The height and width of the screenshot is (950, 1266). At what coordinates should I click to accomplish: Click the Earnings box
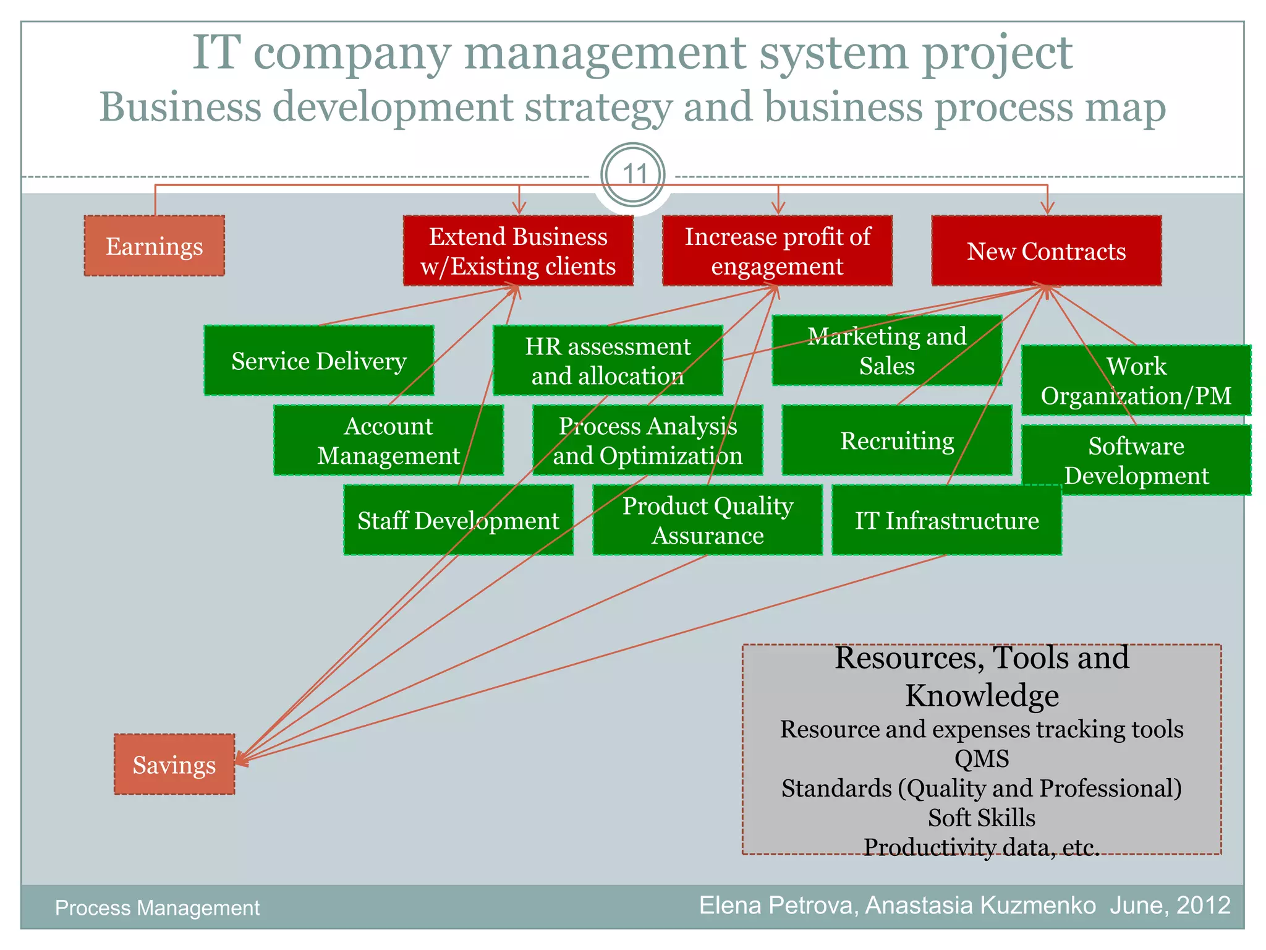click(x=154, y=246)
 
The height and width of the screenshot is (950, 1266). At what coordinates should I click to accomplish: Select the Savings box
click(x=174, y=764)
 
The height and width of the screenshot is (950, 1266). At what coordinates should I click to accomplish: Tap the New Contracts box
click(x=1046, y=250)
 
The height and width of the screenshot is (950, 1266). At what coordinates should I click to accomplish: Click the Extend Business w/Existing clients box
click(x=518, y=250)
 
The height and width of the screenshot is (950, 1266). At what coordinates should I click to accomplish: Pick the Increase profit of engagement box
click(x=777, y=250)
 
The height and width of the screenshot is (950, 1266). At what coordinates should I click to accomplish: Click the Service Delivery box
click(x=318, y=361)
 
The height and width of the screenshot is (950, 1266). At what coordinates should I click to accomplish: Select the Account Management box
click(x=388, y=440)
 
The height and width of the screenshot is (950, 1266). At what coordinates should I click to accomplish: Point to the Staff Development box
click(x=458, y=520)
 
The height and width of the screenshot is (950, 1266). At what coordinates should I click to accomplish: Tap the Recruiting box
click(x=896, y=440)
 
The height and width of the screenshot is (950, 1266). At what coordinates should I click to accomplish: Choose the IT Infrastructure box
click(x=946, y=520)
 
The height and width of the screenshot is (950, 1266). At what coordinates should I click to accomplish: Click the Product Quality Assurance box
click(x=707, y=520)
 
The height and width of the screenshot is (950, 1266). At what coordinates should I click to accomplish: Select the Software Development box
click(x=1136, y=460)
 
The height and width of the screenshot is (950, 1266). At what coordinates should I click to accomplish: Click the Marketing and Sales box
click(x=886, y=351)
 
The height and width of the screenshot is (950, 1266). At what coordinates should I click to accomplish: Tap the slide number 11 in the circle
click(x=633, y=174)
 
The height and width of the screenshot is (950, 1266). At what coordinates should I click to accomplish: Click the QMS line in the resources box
click(x=981, y=758)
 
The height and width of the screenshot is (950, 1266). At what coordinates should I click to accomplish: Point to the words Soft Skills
click(x=981, y=818)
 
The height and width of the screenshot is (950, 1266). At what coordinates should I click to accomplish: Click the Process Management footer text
click(x=157, y=907)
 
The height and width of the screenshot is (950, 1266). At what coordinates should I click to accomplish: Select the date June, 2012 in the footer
click(x=1170, y=905)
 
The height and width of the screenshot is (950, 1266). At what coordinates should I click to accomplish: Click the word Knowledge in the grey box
click(x=981, y=695)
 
